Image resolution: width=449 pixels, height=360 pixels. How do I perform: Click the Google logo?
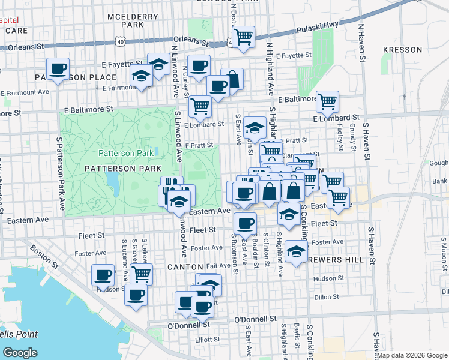(20, 353)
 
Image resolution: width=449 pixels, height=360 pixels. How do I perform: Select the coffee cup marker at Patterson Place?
(58, 70)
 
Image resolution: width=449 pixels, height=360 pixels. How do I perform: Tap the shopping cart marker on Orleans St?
(243, 37)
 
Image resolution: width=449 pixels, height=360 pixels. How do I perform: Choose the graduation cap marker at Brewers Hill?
(296, 252)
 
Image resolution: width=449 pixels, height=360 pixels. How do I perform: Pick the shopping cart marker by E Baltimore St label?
(327, 102)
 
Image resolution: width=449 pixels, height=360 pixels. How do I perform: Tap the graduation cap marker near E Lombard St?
(255, 127)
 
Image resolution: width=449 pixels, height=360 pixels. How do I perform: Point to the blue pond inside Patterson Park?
(112, 180)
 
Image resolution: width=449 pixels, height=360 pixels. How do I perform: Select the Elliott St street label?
(207, 339)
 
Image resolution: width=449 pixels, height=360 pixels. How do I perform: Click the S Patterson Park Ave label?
(61, 172)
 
